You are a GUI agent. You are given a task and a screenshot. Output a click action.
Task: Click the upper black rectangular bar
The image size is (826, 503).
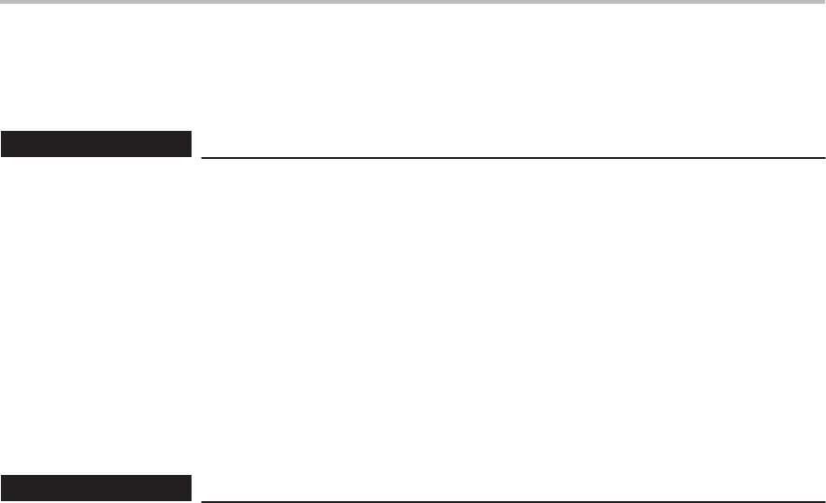click(x=95, y=144)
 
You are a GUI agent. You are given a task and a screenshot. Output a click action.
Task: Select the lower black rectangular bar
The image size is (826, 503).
click(x=95, y=488)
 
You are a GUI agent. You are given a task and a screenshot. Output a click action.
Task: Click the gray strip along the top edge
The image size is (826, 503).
click(x=413, y=2)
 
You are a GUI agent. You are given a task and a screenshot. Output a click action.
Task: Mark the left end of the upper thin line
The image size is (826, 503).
click(x=203, y=157)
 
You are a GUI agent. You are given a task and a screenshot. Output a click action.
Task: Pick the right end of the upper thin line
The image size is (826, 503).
click(x=824, y=157)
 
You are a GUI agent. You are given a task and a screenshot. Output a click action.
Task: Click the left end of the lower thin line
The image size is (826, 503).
click(x=203, y=501)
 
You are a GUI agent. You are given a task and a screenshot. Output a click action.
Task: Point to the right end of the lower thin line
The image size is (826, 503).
click(x=824, y=501)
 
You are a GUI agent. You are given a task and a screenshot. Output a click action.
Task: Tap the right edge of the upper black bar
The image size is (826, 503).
click(x=190, y=144)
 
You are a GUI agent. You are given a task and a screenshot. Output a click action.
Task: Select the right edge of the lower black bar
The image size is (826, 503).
click(x=190, y=488)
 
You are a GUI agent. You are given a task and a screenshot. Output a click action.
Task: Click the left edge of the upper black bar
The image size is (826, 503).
click(x=1, y=144)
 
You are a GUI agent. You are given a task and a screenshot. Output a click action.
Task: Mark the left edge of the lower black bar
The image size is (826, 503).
click(x=1, y=488)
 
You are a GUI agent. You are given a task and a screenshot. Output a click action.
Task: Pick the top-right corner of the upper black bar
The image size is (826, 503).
click(x=190, y=134)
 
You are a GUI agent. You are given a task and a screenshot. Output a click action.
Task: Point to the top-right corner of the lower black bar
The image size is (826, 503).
click(x=190, y=477)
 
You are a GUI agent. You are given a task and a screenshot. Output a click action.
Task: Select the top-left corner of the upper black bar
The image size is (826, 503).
click(x=1, y=134)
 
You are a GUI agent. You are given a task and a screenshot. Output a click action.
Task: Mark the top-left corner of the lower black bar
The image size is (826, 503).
click(x=1, y=477)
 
